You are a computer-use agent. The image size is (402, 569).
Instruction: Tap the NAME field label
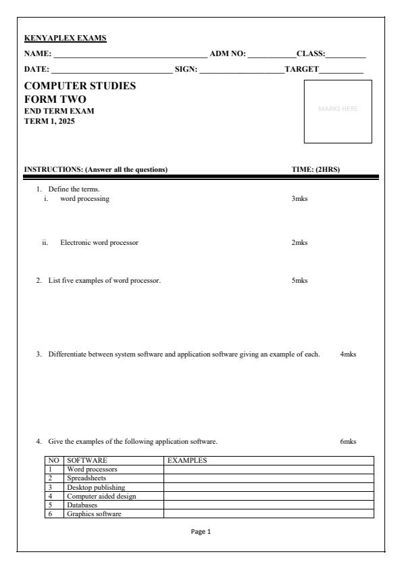(x=38, y=53)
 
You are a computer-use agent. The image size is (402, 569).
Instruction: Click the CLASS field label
(x=311, y=53)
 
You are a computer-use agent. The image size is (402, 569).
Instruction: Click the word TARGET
(x=301, y=70)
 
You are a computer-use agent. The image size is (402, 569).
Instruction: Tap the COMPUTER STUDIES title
(x=80, y=86)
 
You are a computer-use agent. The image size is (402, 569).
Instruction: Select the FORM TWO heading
(x=55, y=99)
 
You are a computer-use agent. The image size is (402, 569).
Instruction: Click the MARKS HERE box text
(x=338, y=108)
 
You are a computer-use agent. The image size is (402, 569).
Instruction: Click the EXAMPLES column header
(x=186, y=461)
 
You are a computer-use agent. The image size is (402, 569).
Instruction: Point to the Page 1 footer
(x=201, y=532)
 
